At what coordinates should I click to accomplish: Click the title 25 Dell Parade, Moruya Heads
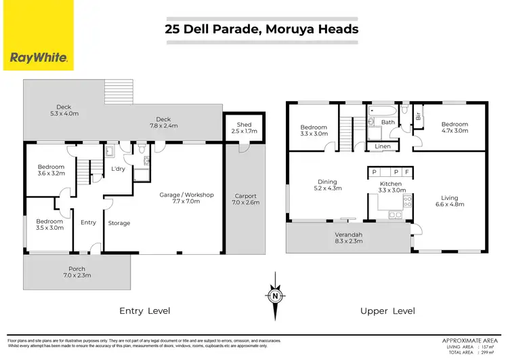click(262, 28)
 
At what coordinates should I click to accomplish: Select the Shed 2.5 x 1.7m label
click(244, 128)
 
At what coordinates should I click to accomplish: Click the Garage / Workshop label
click(186, 198)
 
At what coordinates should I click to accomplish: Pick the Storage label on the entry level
click(119, 223)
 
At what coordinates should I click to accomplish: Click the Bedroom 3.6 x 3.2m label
click(51, 170)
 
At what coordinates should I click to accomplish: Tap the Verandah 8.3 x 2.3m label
click(350, 238)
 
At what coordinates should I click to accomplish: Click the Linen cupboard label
click(381, 146)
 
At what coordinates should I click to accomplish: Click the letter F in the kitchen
click(406, 172)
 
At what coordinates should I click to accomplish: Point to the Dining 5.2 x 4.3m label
click(327, 186)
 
